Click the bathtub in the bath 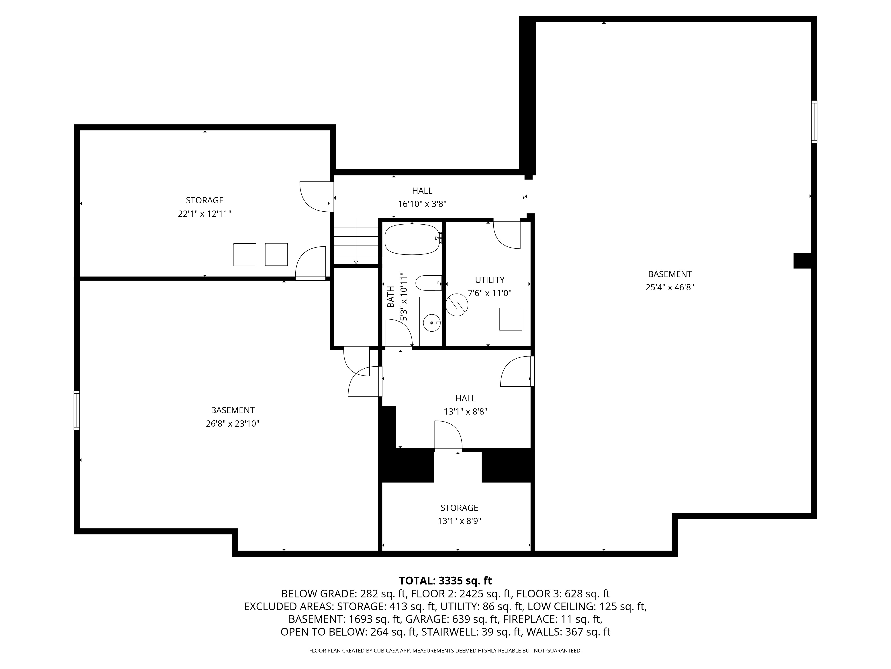point(412,240)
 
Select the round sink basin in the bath point(432,323)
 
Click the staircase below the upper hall point(356,241)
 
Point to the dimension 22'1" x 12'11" point(205,214)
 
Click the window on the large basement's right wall point(814,122)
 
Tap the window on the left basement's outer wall point(77,410)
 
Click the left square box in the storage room point(245,254)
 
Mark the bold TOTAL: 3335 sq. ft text point(445,581)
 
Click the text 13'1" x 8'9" point(459,521)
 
